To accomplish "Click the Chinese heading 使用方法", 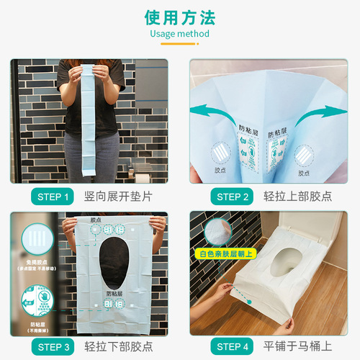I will pos(180,17).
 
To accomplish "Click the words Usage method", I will pos(180,34).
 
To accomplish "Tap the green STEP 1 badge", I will pos(52,197).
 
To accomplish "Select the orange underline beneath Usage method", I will pos(179,44).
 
